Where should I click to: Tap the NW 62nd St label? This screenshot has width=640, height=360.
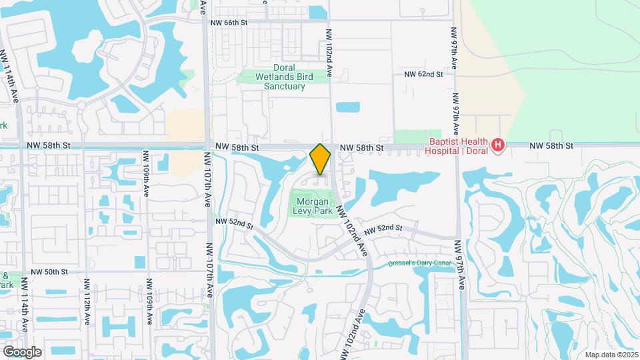tap(423, 75)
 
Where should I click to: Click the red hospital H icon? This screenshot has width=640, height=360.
tap(497, 145)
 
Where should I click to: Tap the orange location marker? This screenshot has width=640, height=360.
tap(321, 159)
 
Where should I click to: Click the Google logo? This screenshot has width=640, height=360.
tap(22, 351)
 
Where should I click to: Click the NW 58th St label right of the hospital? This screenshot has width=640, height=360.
tap(551, 145)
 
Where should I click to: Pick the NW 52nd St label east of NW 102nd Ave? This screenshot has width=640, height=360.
tap(383, 228)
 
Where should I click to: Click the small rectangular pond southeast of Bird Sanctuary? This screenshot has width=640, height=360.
tap(347, 107)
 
